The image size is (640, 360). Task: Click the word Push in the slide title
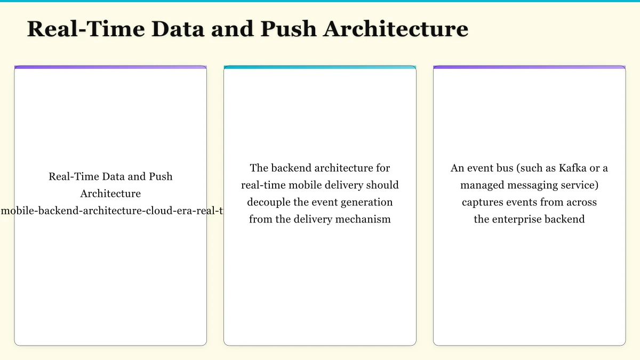tap(288, 29)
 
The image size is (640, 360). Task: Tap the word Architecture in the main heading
tap(396, 29)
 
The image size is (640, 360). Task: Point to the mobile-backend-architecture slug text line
tap(111, 211)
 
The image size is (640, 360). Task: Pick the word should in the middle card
tap(382, 185)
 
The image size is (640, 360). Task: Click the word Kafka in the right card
tap(573, 168)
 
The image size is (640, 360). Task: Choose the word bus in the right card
tap(501, 168)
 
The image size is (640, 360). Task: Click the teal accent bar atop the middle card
tap(320, 67)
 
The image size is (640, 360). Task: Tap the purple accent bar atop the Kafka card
tap(529, 67)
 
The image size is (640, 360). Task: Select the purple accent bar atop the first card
tap(110, 67)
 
